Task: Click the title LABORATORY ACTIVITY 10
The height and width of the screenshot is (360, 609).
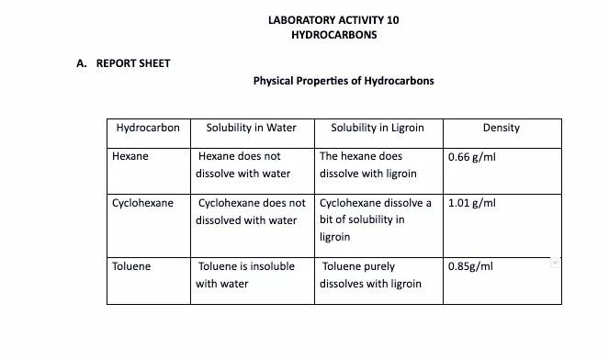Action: (x=333, y=19)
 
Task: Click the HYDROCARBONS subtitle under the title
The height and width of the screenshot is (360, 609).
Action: (x=333, y=35)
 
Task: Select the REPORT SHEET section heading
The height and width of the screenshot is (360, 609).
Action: (x=133, y=63)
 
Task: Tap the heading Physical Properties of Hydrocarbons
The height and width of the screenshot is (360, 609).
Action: (x=344, y=81)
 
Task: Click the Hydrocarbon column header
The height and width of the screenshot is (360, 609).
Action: (x=148, y=128)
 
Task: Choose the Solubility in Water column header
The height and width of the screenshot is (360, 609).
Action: (x=251, y=128)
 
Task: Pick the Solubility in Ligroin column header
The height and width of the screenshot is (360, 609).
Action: (x=377, y=128)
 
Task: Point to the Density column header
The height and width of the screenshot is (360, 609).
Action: (x=501, y=128)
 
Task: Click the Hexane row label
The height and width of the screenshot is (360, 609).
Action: (x=130, y=156)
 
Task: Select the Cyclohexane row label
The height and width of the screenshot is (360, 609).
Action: (x=142, y=203)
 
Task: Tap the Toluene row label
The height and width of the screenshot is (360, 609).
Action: (x=131, y=266)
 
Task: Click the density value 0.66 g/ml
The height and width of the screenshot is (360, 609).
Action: (x=472, y=157)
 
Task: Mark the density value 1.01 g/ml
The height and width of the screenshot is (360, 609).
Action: (x=472, y=203)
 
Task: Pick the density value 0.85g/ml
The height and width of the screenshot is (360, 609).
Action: (x=470, y=266)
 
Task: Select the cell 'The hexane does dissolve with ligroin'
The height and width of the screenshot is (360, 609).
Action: (x=367, y=165)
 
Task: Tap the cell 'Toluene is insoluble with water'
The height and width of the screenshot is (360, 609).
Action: (x=245, y=275)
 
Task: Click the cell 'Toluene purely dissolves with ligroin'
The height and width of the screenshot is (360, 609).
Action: (x=371, y=275)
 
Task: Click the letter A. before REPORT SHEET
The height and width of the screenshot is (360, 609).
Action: (x=81, y=63)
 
